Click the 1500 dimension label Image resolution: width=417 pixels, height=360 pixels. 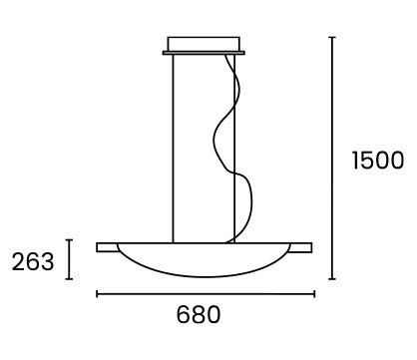pyautogui.click(x=378, y=161)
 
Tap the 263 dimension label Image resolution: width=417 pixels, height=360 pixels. pyautogui.click(x=33, y=261)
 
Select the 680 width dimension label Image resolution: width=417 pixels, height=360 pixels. pyautogui.click(x=199, y=314)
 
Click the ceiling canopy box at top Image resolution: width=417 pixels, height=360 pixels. pyautogui.click(x=204, y=44)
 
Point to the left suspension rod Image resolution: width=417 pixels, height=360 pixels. pyautogui.click(x=173, y=149)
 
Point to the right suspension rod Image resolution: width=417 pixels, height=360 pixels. pyautogui.click(x=234, y=149)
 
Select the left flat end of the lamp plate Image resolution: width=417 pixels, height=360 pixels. pyautogui.click(x=107, y=247)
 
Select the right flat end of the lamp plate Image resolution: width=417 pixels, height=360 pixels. pyautogui.click(x=300, y=247)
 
